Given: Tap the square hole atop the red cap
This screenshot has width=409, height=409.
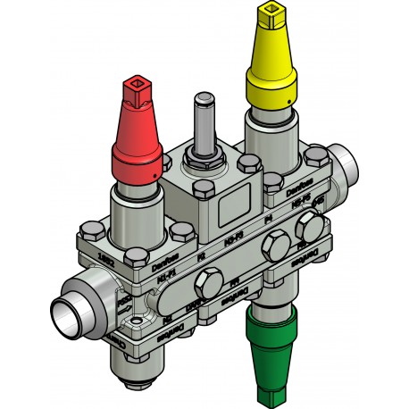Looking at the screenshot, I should tap(138, 87).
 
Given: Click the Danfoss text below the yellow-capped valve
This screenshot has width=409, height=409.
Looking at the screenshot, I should tap(298, 188).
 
